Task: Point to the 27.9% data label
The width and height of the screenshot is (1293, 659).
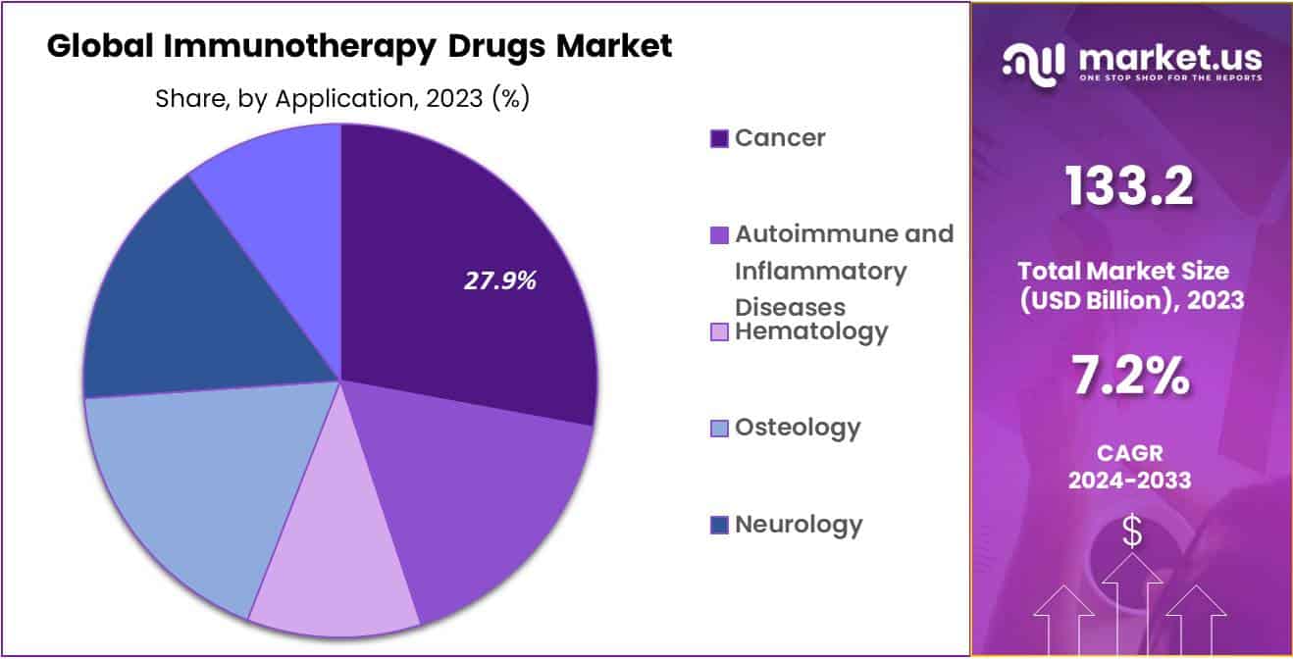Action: (500, 281)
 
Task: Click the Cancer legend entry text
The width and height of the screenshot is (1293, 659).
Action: (780, 138)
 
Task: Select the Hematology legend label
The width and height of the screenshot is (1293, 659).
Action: (811, 331)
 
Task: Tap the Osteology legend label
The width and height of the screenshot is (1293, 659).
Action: (798, 428)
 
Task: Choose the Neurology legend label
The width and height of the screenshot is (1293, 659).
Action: (799, 524)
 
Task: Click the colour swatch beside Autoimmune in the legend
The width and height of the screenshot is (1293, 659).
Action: (719, 235)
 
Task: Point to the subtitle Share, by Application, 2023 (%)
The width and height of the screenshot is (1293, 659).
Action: (341, 99)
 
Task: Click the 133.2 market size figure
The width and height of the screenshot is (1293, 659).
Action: (1130, 185)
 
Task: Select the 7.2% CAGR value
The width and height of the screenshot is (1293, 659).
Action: (1130, 376)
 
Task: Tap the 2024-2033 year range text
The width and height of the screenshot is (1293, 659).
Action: (1130, 480)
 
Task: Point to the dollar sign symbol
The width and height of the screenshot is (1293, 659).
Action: (1132, 532)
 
